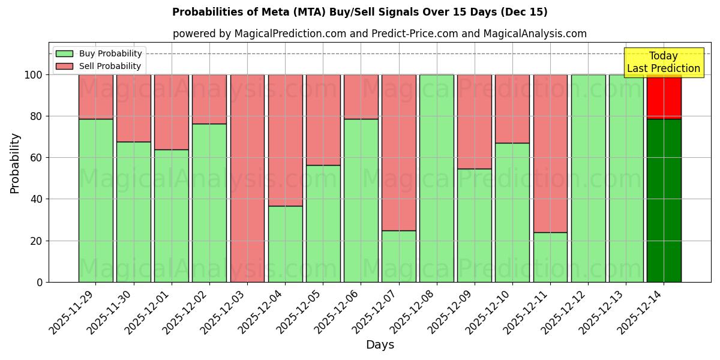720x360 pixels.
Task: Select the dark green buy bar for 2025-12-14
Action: pyautogui.click(x=664, y=200)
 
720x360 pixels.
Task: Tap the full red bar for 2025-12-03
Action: pyautogui.click(x=247, y=178)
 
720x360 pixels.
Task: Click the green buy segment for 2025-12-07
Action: pyautogui.click(x=398, y=256)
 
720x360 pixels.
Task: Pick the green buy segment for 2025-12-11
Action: pyautogui.click(x=550, y=257)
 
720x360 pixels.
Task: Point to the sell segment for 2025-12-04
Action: pyautogui.click(x=285, y=140)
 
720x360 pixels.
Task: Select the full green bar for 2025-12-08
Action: pyautogui.click(x=436, y=178)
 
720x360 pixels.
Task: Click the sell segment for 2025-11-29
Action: pyautogui.click(x=95, y=97)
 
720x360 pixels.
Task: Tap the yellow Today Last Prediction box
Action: pyautogui.click(x=664, y=62)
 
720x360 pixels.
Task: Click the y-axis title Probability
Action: pyautogui.click(x=15, y=163)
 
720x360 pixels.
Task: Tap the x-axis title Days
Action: pyautogui.click(x=380, y=345)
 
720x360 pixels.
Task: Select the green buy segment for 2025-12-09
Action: pyautogui.click(x=474, y=225)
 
